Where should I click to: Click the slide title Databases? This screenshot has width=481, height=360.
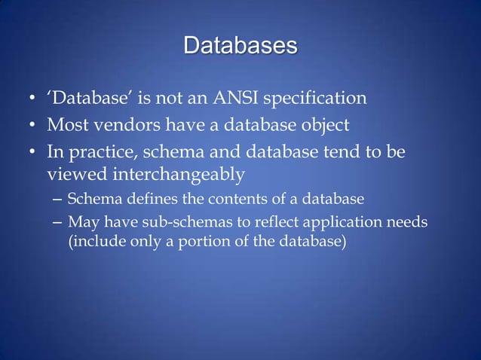240,46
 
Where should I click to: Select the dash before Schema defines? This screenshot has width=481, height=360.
59,200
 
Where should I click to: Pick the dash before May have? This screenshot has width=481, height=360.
59,224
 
